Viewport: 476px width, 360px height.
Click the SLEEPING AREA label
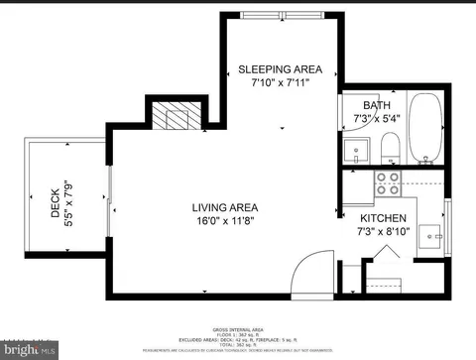280,69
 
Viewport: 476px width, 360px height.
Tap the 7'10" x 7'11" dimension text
280,83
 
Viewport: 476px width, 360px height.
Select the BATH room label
376,105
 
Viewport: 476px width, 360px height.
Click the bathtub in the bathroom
427,129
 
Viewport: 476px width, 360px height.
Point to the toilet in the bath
390,148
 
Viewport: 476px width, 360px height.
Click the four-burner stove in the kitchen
387,182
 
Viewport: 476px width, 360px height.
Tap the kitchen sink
429,235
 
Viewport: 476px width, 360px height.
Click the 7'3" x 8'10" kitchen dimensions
382,231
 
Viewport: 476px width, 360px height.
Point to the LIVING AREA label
225,207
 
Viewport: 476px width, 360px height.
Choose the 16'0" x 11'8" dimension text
225,221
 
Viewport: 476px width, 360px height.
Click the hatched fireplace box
169,118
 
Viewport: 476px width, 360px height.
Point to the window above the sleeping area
280,14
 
